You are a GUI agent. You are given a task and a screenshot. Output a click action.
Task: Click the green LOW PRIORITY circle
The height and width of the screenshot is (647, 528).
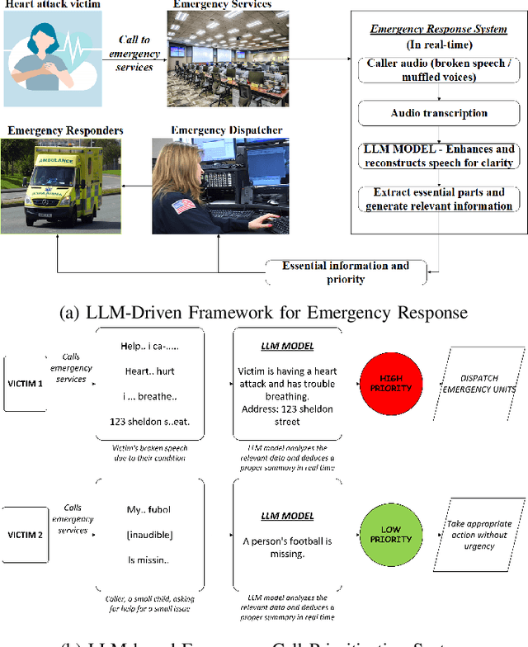pos(392,535)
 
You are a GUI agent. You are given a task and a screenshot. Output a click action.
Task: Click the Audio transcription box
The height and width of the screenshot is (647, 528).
pos(439,113)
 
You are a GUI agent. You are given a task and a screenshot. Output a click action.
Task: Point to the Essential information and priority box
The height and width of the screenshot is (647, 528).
pos(346,272)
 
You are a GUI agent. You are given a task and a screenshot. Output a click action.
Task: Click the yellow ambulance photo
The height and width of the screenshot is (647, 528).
pos(59,187)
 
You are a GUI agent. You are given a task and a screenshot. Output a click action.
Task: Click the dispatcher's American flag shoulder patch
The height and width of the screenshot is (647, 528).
pos(179,205)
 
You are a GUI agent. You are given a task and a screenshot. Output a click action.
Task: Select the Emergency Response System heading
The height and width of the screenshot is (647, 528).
pos(439,30)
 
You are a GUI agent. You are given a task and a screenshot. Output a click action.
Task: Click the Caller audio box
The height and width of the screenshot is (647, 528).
pos(439,70)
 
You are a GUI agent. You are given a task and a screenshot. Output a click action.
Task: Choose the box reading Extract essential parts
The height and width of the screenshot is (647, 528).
pos(439,199)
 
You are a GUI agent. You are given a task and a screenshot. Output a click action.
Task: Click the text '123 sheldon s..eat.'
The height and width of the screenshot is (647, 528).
pos(149,422)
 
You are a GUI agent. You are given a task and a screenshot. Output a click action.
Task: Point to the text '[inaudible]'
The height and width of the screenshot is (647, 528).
pos(149,535)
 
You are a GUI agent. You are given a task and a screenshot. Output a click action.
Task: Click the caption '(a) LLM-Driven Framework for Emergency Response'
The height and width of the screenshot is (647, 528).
pos(264,312)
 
